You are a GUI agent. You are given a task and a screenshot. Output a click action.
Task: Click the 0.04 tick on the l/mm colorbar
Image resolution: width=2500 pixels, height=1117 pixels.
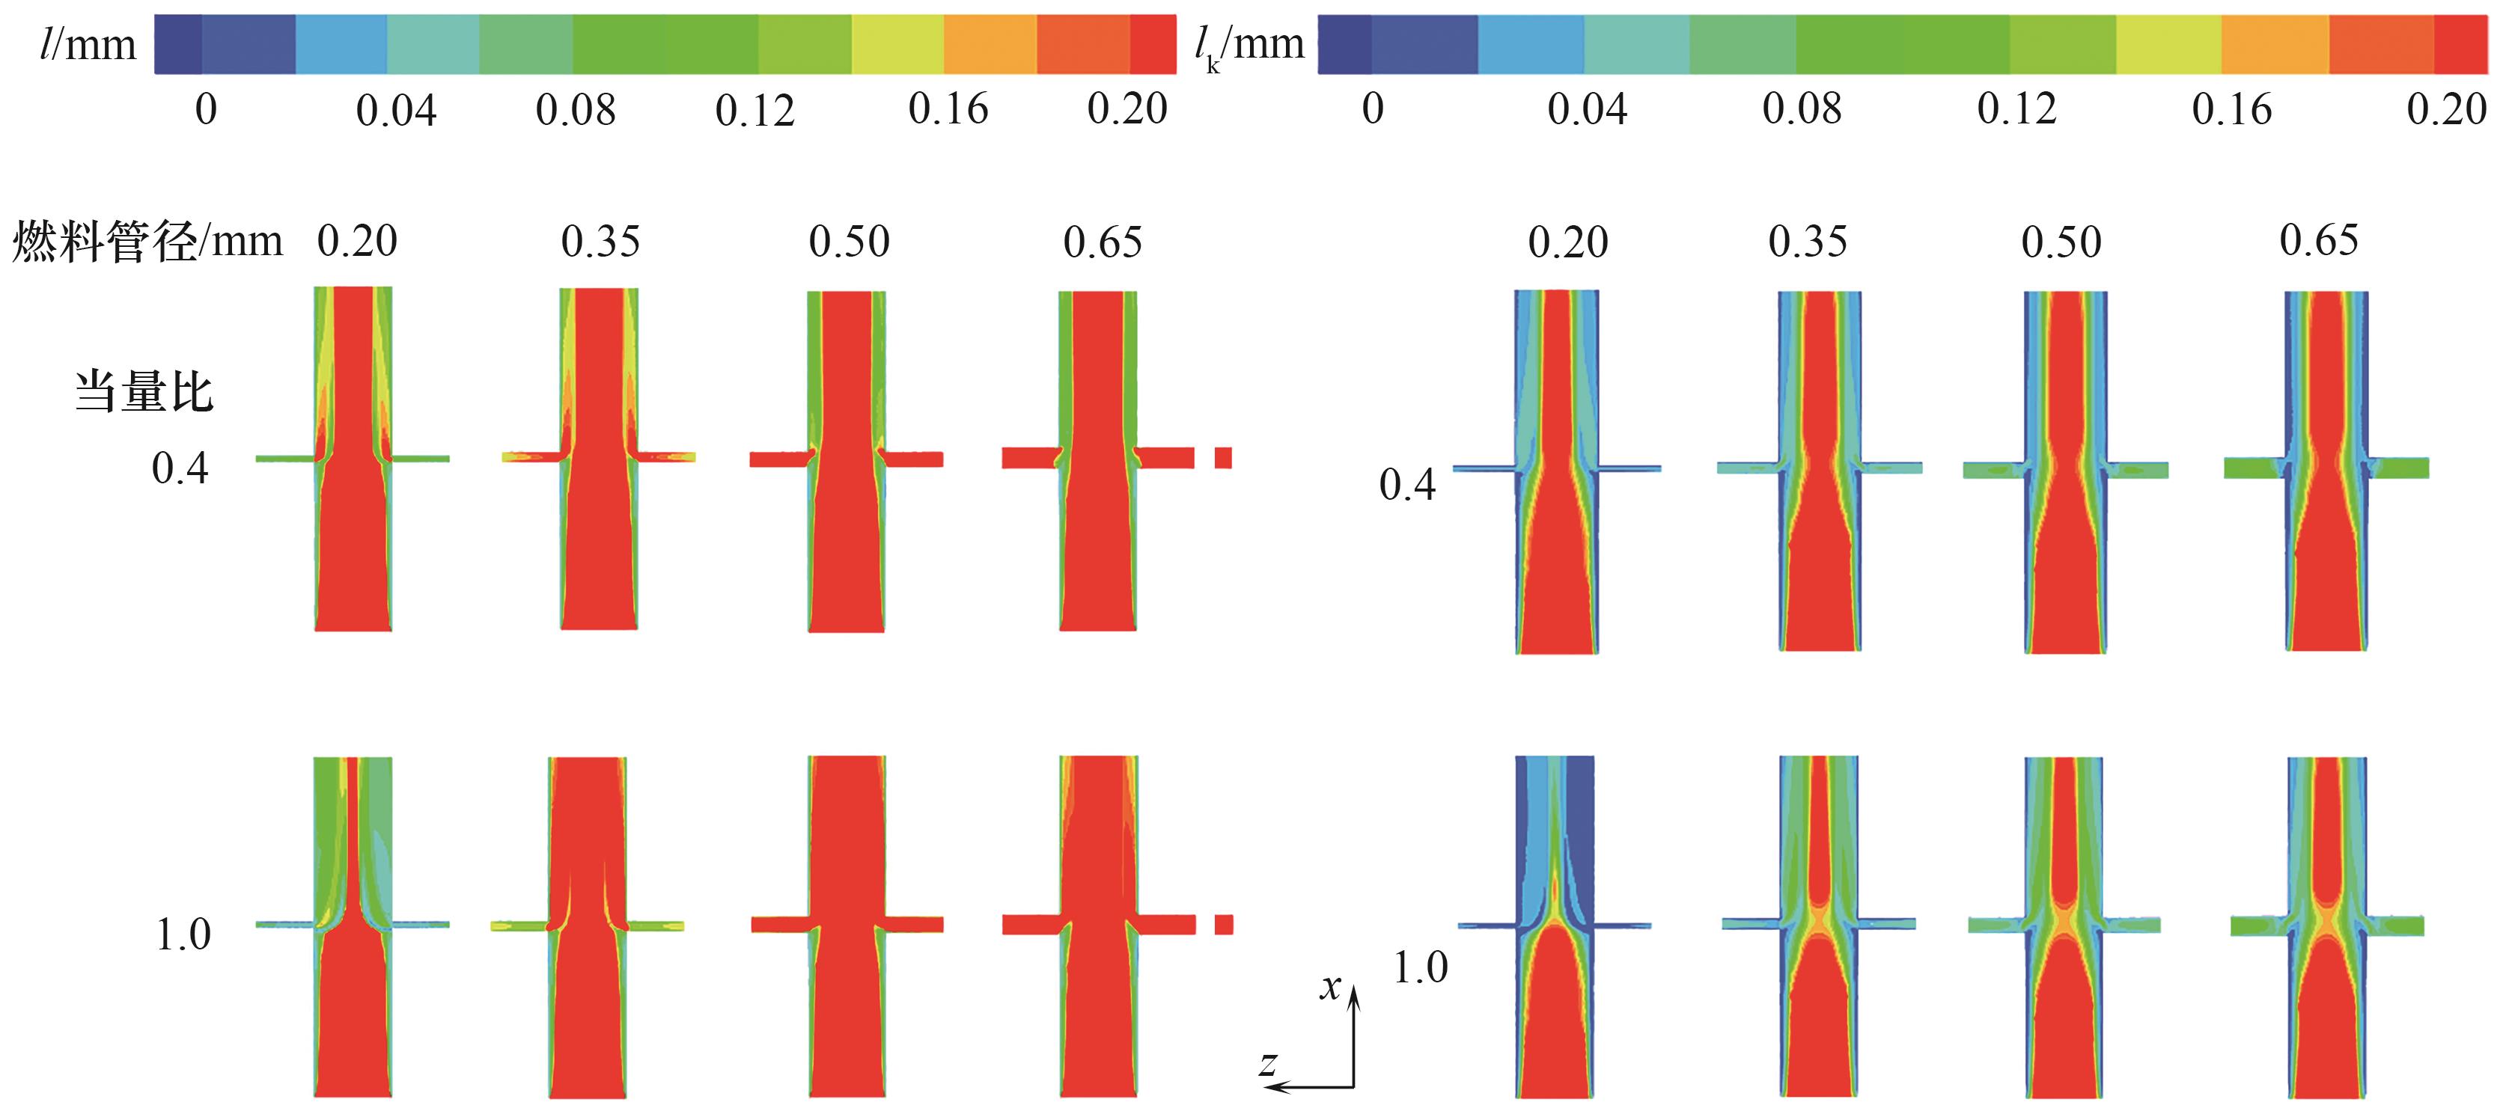click(x=396, y=110)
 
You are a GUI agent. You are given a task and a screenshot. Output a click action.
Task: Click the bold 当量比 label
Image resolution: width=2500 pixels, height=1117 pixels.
click(x=144, y=393)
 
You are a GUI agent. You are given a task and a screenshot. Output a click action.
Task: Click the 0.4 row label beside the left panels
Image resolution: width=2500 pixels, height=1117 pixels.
click(x=180, y=468)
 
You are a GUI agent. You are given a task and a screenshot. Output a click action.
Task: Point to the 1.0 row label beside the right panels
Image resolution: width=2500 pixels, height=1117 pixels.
click(x=1421, y=967)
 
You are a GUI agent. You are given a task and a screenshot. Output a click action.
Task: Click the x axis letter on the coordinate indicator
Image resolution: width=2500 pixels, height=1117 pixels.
click(x=1329, y=987)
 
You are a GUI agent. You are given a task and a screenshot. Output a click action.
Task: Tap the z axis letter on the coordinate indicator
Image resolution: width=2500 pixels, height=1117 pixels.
click(x=1267, y=1064)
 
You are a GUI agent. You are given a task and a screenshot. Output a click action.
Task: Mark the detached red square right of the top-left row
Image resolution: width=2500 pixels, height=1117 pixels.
click(x=1223, y=457)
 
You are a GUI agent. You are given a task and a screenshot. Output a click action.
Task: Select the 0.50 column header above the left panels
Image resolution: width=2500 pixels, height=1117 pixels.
click(x=850, y=242)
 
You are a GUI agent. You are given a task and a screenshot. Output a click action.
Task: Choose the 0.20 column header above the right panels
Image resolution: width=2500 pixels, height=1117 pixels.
click(x=1567, y=242)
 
